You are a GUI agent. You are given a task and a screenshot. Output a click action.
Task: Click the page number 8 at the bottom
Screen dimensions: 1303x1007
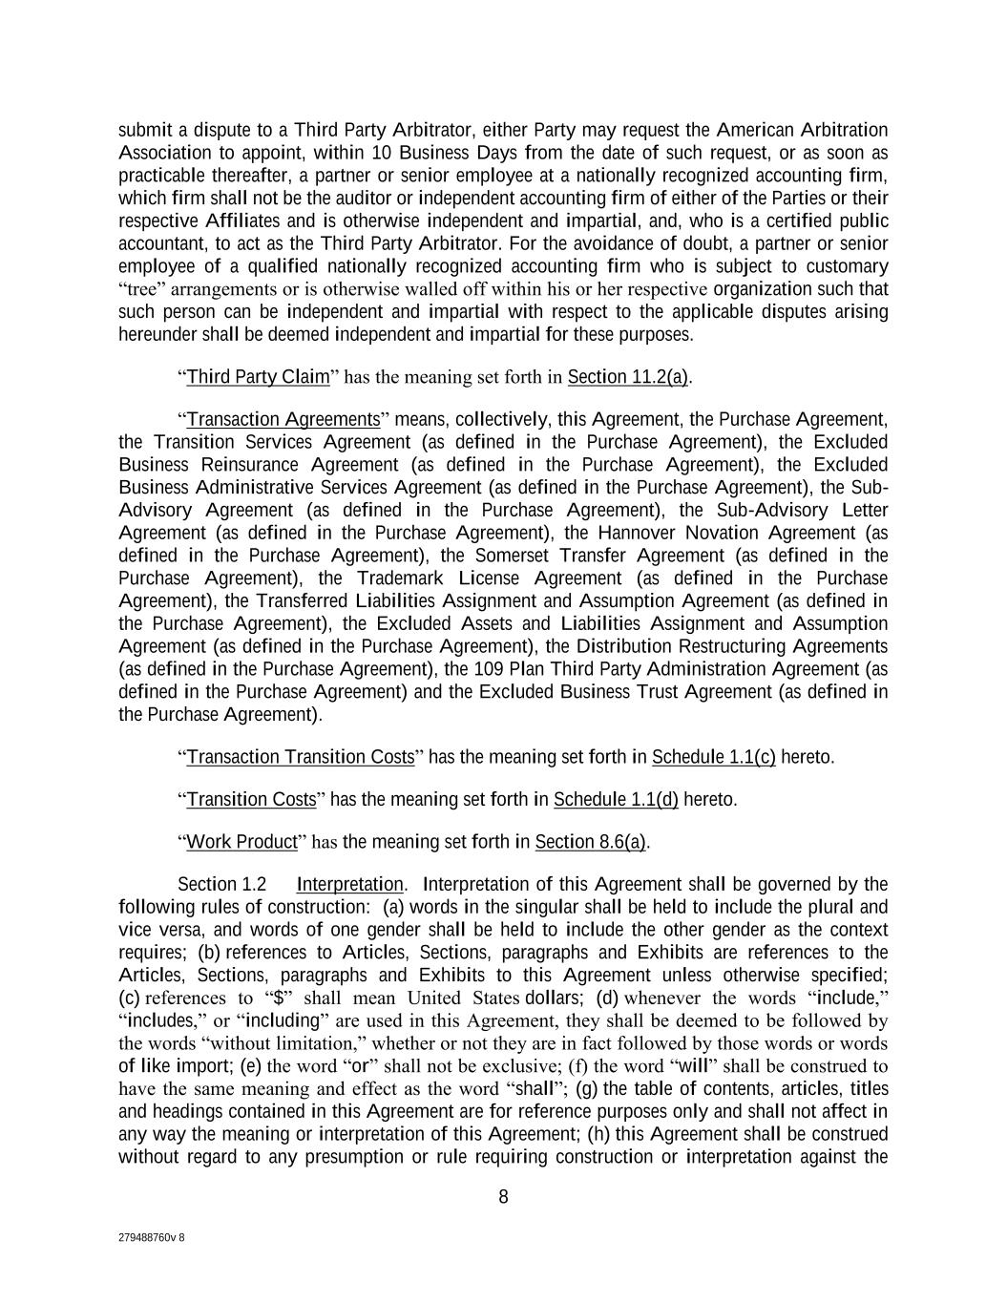[x=503, y=1197]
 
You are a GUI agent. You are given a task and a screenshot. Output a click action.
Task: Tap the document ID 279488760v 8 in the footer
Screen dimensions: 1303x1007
[x=152, y=1237]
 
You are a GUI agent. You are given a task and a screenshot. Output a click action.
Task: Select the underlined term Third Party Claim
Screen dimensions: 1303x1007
[x=258, y=377]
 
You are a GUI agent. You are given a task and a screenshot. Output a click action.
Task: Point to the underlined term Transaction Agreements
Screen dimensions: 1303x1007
[x=283, y=419]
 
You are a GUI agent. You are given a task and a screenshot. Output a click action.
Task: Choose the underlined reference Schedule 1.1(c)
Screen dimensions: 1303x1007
[x=713, y=757]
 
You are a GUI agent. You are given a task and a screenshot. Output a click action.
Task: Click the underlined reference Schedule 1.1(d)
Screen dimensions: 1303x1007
[x=616, y=799]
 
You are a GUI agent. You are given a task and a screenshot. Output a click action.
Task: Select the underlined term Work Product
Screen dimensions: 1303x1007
[x=242, y=842]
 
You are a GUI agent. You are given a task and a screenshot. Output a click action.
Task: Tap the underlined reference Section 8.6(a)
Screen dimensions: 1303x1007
[x=591, y=842]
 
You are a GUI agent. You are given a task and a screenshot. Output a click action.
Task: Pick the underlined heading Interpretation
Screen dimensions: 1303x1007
[x=350, y=884]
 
